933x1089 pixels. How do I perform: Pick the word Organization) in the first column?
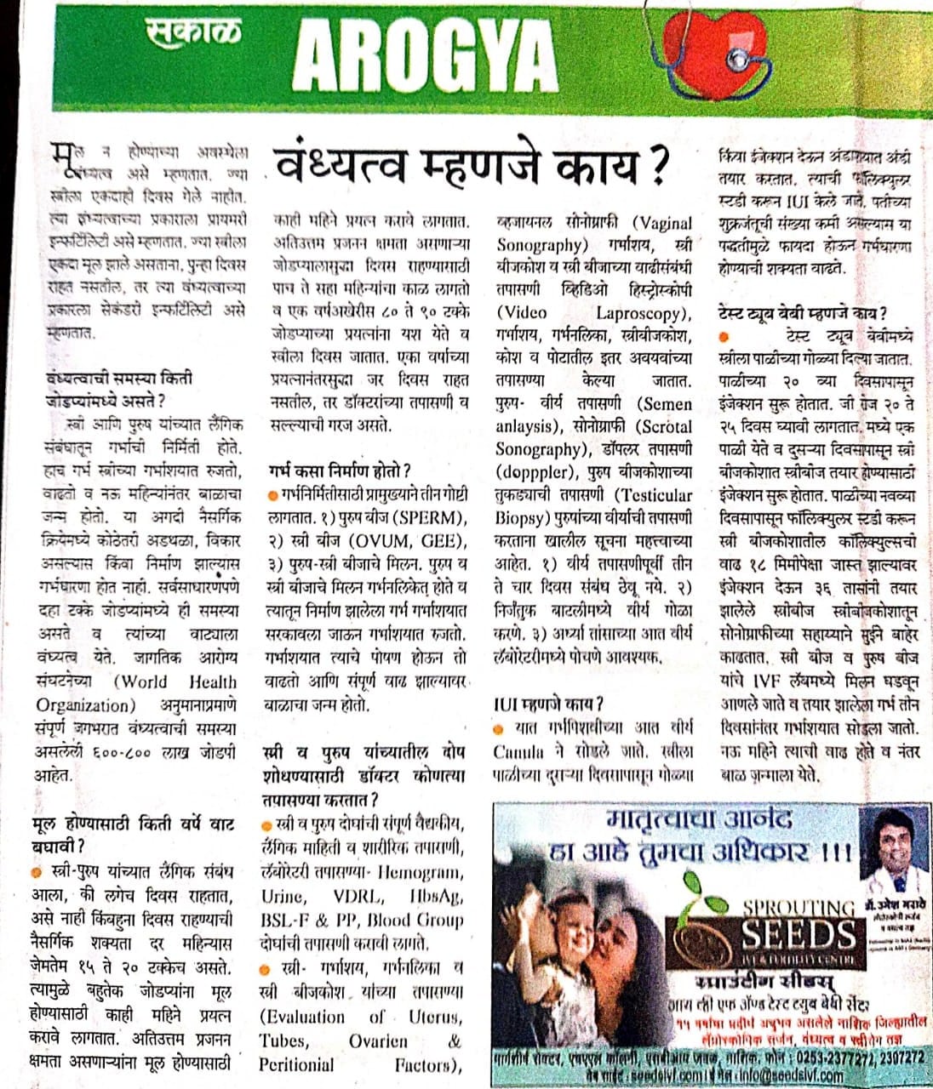pyautogui.click(x=82, y=705)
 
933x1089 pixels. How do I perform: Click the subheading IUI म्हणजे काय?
pyautogui.click(x=548, y=704)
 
